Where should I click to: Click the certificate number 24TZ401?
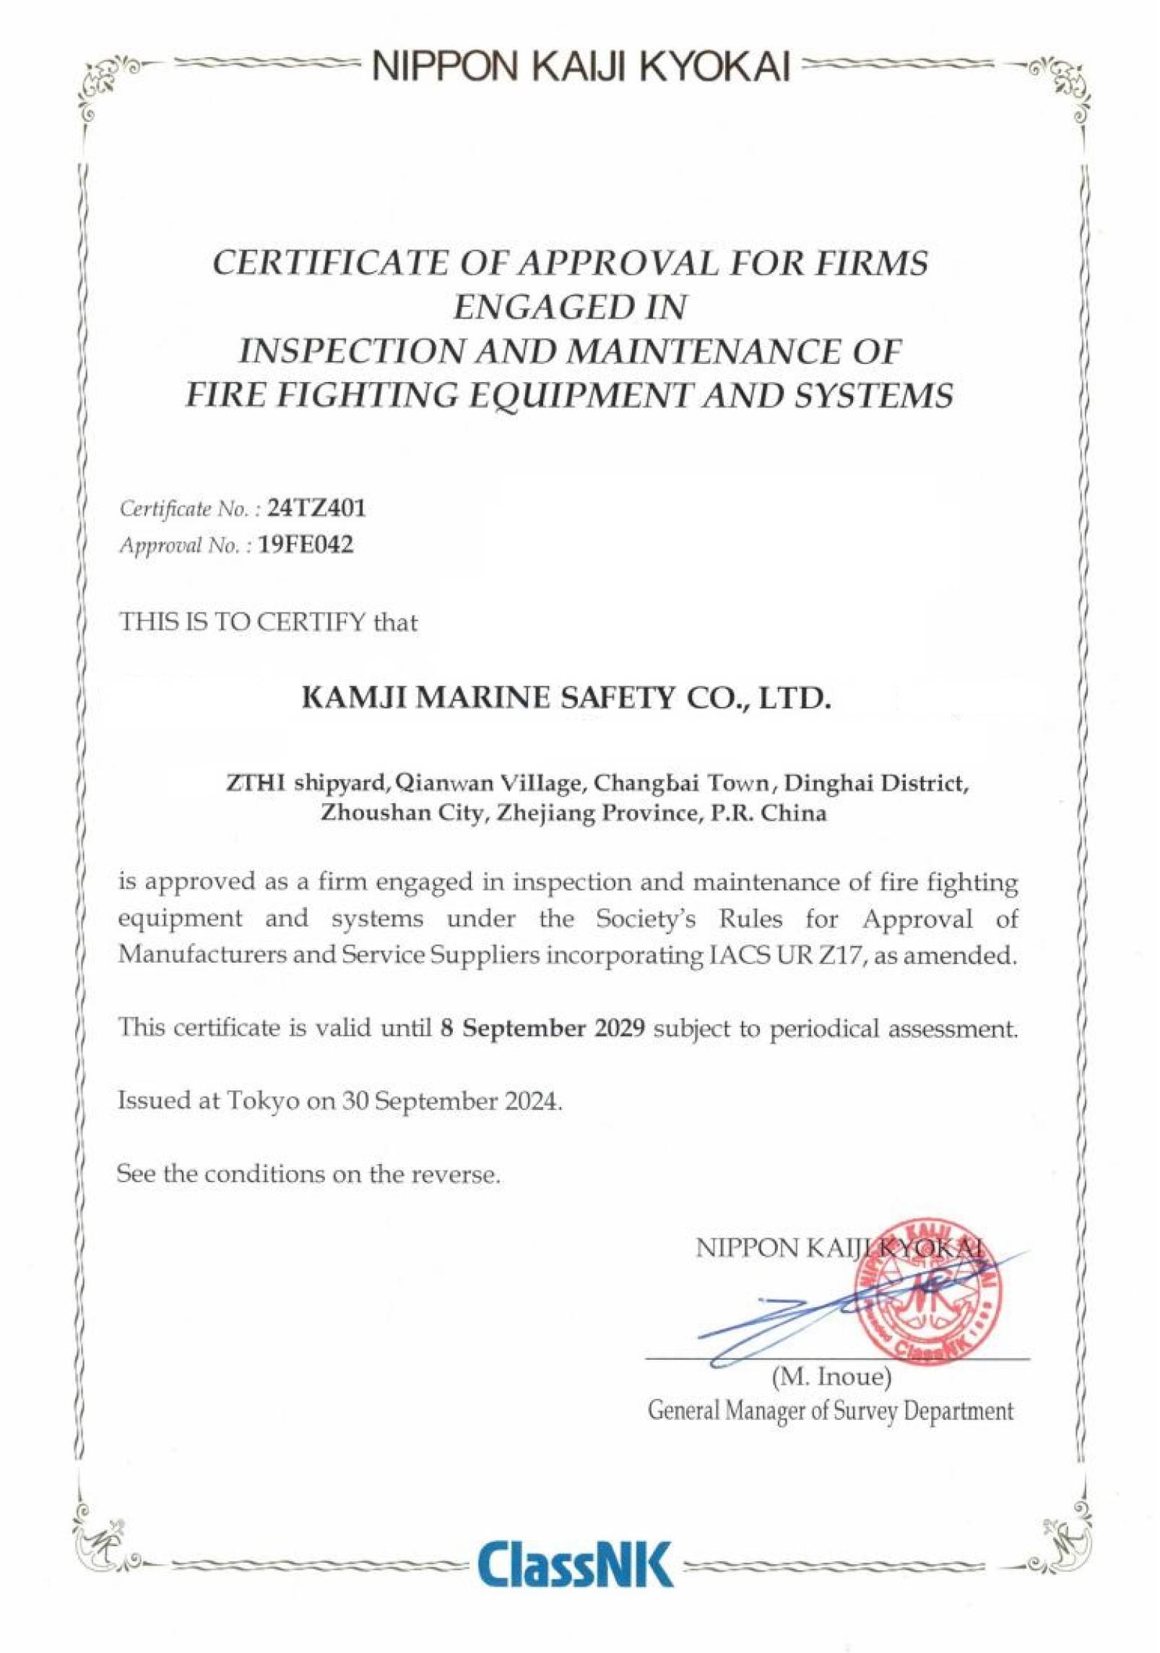tap(316, 508)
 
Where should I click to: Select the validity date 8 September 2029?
tap(542, 1028)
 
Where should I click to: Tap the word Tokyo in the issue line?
tap(261, 1101)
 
